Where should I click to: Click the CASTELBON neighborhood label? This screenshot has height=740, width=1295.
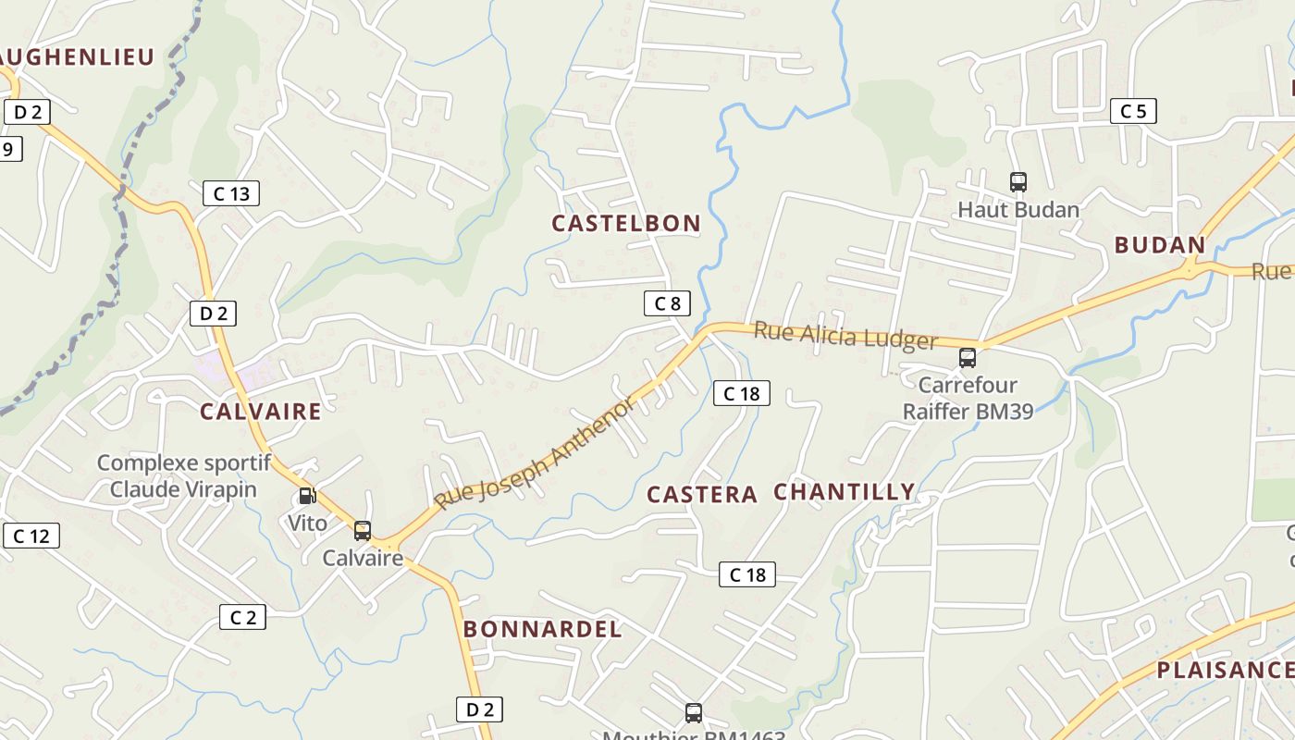626,224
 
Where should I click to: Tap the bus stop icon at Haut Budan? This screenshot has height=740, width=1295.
1018,182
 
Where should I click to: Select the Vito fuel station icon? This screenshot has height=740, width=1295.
307,497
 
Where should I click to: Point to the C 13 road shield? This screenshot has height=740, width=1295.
231,193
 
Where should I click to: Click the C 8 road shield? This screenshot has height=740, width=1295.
667,303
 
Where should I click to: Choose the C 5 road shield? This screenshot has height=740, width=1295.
1133,111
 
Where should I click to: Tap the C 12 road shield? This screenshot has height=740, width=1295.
31,536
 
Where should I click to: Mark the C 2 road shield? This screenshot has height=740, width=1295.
242,617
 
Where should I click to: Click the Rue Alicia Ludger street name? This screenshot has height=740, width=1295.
845,336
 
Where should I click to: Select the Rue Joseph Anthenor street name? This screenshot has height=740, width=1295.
536,453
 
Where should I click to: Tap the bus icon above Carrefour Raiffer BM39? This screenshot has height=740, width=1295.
968,358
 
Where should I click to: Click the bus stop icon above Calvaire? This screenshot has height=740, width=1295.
363,531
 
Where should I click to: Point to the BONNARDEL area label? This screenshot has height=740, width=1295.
542,630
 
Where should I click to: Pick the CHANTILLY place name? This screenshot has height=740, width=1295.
844,492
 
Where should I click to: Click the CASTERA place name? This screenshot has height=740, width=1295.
702,495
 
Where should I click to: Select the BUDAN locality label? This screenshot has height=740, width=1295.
1160,245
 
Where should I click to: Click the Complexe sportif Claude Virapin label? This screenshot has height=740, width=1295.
183,475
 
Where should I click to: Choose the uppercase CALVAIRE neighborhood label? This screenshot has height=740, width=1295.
261,412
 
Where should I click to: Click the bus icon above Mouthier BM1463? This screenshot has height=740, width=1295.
694,713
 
